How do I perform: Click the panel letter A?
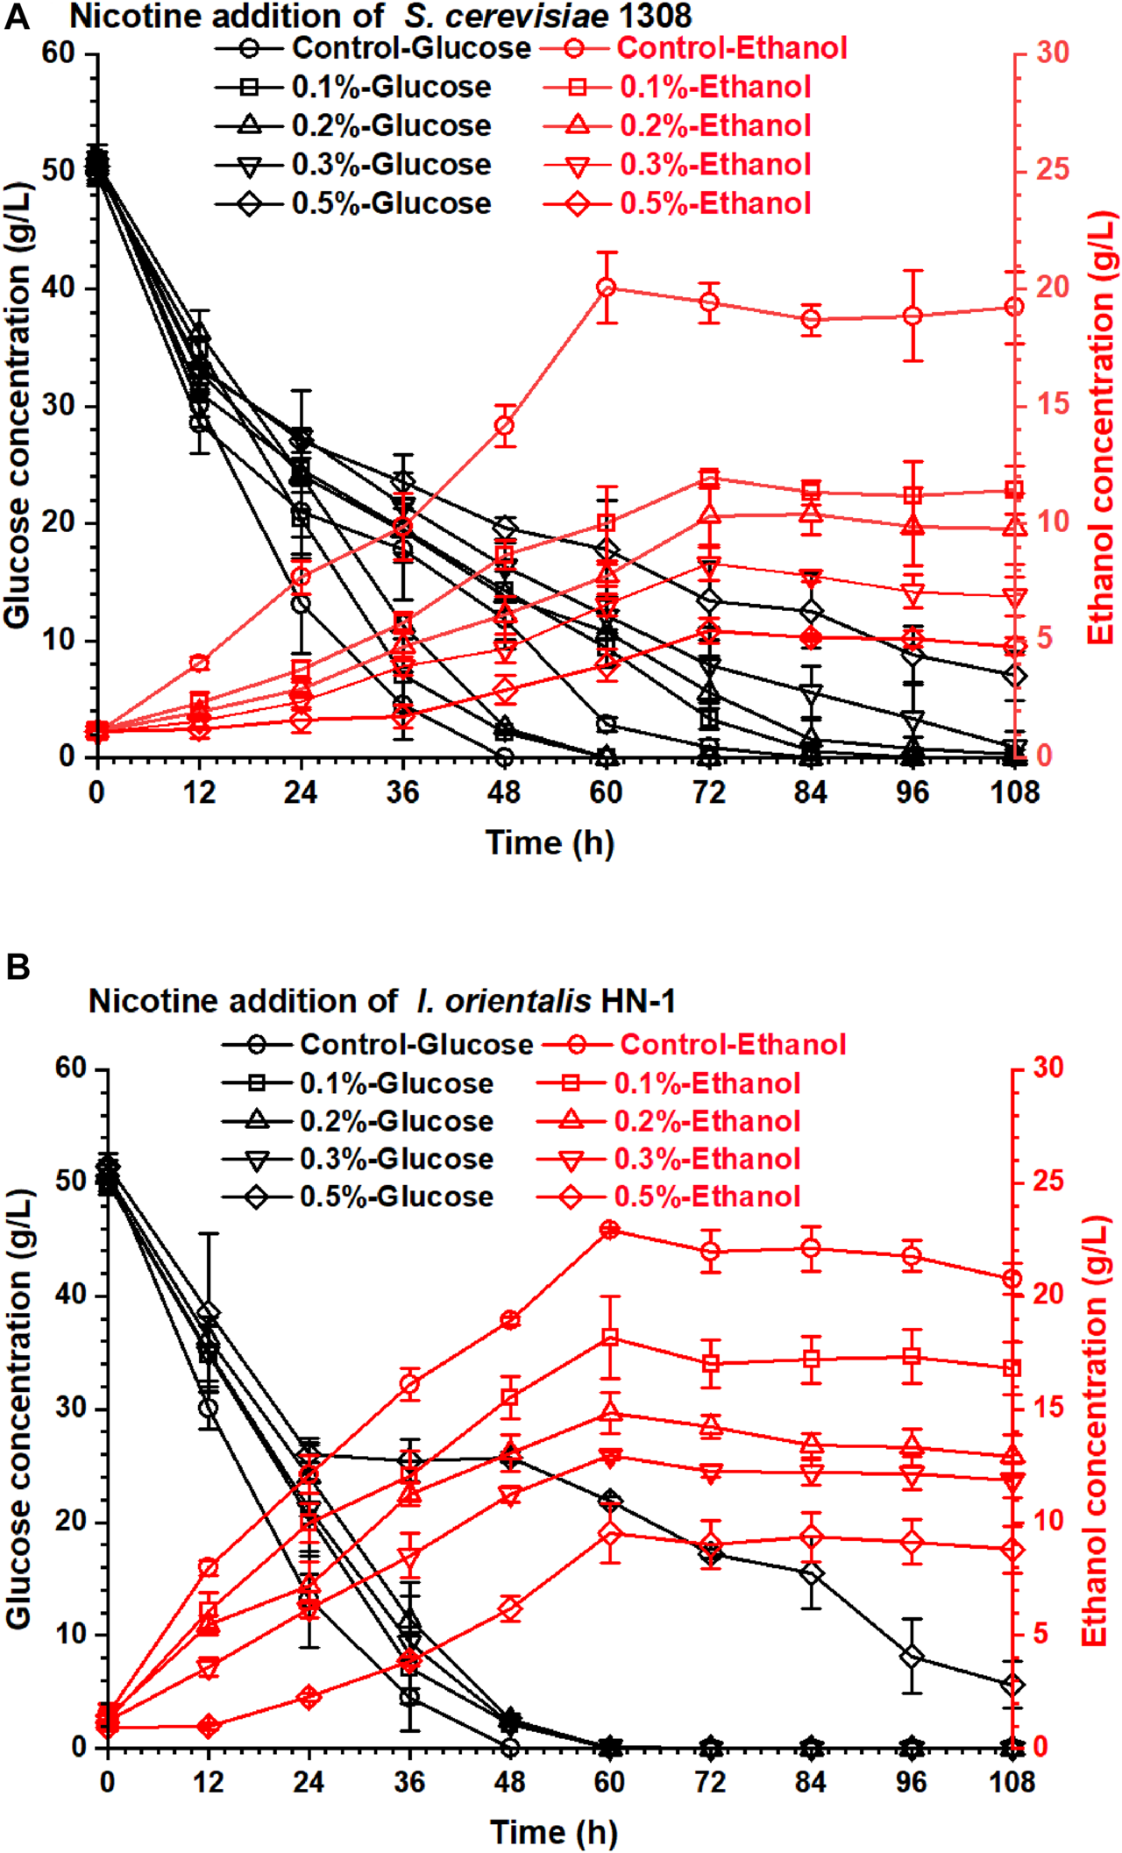point(18,17)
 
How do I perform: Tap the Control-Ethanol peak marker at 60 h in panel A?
point(607,288)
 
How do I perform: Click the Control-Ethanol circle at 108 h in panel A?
point(1015,307)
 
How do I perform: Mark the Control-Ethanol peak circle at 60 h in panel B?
point(610,1230)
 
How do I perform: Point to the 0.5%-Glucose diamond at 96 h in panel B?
point(913,1657)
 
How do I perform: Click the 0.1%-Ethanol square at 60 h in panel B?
point(610,1338)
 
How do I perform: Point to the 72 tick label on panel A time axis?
point(708,792)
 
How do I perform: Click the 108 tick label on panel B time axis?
point(1012,1782)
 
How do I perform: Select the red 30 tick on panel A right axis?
point(1053,53)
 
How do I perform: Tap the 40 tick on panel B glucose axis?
point(70,1294)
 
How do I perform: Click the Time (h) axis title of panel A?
point(550,842)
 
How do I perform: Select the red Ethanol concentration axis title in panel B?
point(1096,1431)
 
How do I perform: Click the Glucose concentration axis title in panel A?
point(18,405)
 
